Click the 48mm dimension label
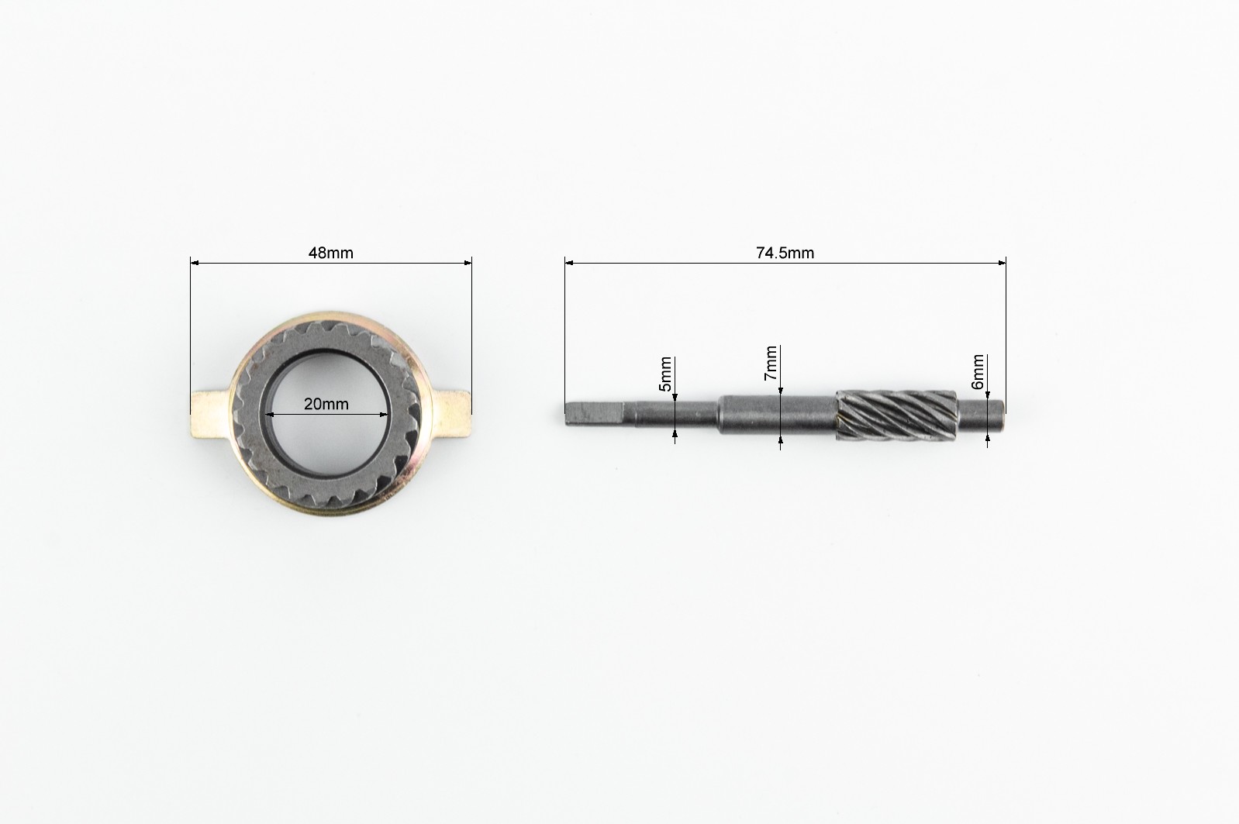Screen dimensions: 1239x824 click(x=331, y=253)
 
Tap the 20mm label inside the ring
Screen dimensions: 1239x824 click(x=326, y=405)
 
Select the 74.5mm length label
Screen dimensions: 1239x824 click(x=785, y=253)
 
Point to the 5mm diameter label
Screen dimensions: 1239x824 click(x=665, y=374)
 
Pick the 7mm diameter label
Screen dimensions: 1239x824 click(x=771, y=364)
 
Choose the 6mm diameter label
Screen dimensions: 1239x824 click(x=978, y=372)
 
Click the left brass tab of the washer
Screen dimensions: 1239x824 click(x=210, y=414)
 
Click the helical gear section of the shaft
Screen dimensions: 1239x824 click(x=896, y=415)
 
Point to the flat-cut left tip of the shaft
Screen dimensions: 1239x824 click(x=594, y=415)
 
